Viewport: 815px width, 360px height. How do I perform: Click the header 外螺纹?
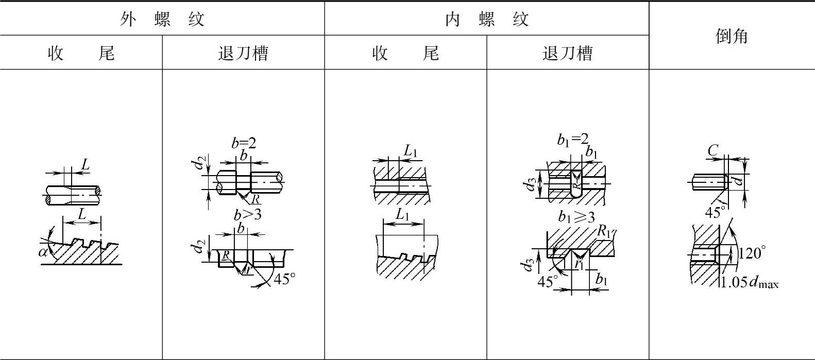coord(162,20)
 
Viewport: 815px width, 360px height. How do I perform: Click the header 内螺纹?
coord(486,20)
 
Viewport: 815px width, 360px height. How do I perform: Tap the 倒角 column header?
coord(732,36)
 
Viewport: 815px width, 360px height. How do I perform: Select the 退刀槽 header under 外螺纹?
coord(243,53)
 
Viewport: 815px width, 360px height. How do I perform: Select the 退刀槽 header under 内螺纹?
coord(567,53)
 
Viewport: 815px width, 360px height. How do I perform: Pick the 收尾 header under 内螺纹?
coord(405,53)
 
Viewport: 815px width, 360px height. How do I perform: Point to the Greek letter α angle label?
coord(43,252)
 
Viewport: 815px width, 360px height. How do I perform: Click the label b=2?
coord(243,143)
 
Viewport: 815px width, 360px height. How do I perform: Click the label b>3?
coord(247,214)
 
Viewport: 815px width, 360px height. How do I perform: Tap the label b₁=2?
coord(572,140)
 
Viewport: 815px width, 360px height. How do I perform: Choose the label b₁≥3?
coord(576,216)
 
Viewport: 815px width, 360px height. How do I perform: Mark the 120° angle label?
coord(752,253)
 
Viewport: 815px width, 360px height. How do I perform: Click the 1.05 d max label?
coord(750,283)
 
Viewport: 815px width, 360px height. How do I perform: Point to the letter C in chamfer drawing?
coord(712,150)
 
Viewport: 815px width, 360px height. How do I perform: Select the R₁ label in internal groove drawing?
coord(604,231)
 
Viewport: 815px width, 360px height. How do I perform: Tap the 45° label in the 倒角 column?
coord(715,212)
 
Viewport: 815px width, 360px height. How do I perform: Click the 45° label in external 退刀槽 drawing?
coord(284,279)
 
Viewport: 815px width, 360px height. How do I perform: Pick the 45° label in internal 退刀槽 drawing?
coord(548,282)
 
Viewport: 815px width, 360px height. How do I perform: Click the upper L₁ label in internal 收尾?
coord(410,151)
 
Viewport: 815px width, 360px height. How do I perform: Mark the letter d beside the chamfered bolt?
coord(739,180)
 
